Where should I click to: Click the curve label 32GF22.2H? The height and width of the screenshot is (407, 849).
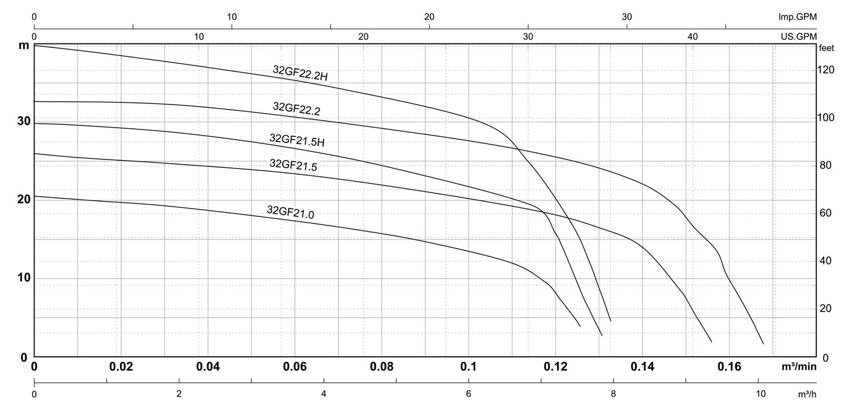tap(300, 74)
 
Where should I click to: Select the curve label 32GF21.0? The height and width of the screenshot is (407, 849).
tap(290, 212)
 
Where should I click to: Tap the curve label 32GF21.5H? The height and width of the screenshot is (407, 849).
tap(297, 140)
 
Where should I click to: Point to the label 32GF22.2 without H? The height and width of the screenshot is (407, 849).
tap(297, 109)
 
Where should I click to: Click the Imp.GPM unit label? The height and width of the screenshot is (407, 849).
tap(797, 17)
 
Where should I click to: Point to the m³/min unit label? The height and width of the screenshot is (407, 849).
tap(799, 367)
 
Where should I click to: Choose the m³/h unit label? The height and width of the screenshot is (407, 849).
tap(806, 393)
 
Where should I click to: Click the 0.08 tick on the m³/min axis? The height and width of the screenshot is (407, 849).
tap(381, 367)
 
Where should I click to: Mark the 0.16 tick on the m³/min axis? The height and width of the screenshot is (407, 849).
tap(729, 367)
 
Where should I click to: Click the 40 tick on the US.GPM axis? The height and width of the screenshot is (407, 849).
tap(693, 37)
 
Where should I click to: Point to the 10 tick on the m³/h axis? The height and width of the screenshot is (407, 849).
tap(759, 393)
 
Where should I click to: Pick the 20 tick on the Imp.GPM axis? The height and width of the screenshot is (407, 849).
tap(429, 17)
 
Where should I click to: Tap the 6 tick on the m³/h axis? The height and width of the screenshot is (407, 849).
tap(469, 393)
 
